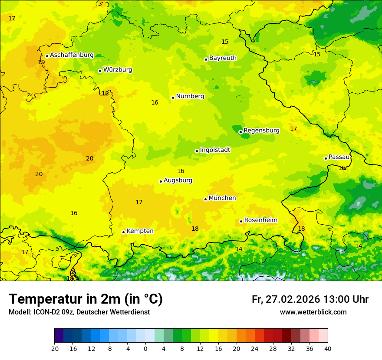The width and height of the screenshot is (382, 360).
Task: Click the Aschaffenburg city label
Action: [x=72, y=55]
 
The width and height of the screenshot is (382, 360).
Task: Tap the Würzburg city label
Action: [x=118, y=70]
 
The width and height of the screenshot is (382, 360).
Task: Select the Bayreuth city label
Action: [x=223, y=58]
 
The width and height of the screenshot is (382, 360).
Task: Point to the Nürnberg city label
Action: [x=190, y=96]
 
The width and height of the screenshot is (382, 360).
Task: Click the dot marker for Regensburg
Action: [x=240, y=132]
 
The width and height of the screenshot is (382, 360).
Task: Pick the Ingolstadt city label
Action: [x=215, y=150]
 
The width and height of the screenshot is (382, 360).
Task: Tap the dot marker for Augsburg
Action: [x=161, y=181]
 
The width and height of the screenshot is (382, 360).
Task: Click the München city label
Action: [x=222, y=198]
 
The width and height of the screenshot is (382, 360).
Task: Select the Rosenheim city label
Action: [x=260, y=220]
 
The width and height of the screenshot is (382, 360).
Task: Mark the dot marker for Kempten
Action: [x=123, y=232]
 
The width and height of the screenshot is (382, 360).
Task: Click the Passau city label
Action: [x=339, y=157]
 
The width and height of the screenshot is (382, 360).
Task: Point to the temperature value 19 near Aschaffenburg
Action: [x=41, y=62]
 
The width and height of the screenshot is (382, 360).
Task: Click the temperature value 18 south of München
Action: [x=195, y=229]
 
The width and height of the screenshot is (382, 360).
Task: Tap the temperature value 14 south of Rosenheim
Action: [x=239, y=249]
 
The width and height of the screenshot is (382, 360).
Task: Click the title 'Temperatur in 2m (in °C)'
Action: [x=86, y=299]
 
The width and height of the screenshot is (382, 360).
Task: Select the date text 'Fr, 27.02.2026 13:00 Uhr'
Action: [x=310, y=300]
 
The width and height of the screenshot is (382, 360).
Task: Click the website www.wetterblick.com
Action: [x=313, y=312]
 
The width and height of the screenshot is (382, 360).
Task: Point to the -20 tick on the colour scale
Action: [x=54, y=349]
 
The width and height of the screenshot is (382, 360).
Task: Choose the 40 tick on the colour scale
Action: [x=328, y=349]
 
